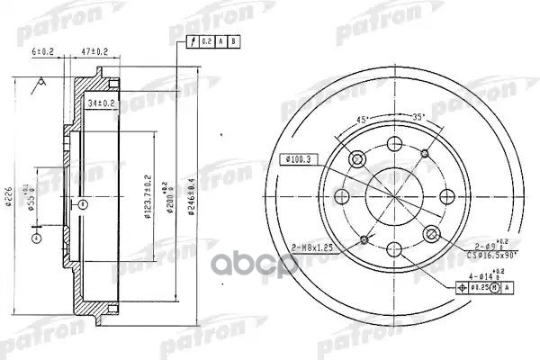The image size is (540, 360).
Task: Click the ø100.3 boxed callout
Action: [x=297, y=159]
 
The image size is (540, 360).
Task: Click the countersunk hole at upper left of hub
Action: [x=357, y=159]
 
